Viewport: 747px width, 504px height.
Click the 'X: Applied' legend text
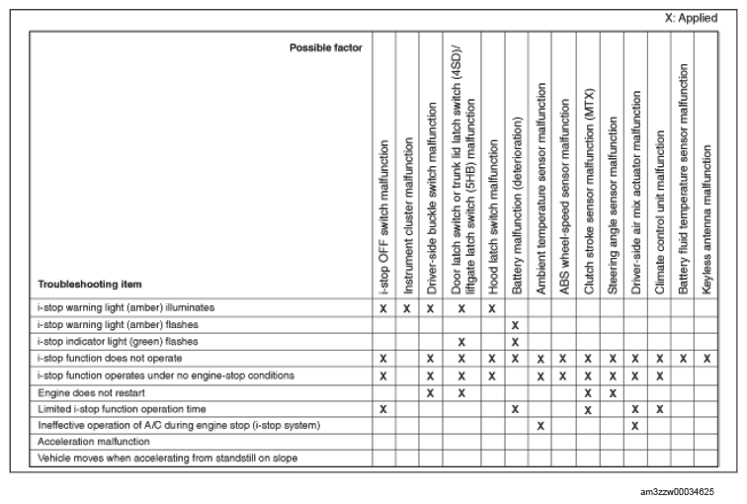point(691,18)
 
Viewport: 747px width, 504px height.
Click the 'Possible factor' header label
point(326,47)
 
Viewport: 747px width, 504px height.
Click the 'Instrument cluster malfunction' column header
point(407,212)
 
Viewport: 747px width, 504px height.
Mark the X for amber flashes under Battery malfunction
point(516,325)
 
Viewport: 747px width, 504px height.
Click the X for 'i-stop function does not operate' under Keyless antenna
point(706,359)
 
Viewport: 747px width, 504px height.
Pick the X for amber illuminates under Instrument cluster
point(407,308)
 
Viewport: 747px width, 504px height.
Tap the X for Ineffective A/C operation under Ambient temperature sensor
point(540,426)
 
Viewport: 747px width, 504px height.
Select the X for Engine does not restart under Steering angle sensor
point(613,392)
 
